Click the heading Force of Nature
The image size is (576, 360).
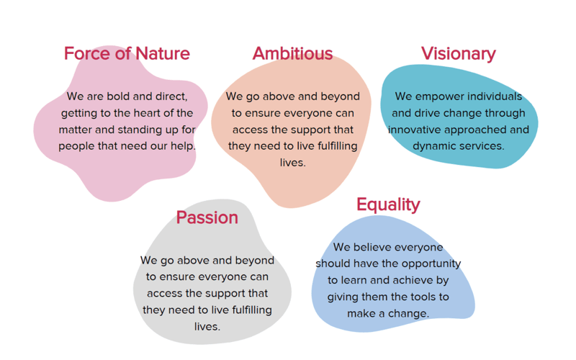pyautogui.click(x=127, y=53)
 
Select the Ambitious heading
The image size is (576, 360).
pyautogui.click(x=292, y=53)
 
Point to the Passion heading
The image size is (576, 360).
pyautogui.click(x=207, y=217)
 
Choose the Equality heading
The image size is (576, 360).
pyautogui.click(x=388, y=205)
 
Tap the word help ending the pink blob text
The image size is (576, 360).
pyautogui.click(x=183, y=147)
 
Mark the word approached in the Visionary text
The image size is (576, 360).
pyautogui.click(x=474, y=130)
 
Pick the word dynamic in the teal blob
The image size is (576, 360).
pyautogui.click(x=431, y=147)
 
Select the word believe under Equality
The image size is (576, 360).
pyautogui.click(x=371, y=247)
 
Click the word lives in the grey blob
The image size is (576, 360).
pyautogui.click(x=207, y=327)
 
